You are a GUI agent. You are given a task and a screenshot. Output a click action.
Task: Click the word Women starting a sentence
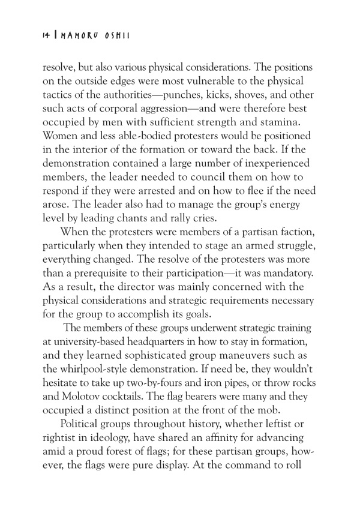(x=64, y=134)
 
